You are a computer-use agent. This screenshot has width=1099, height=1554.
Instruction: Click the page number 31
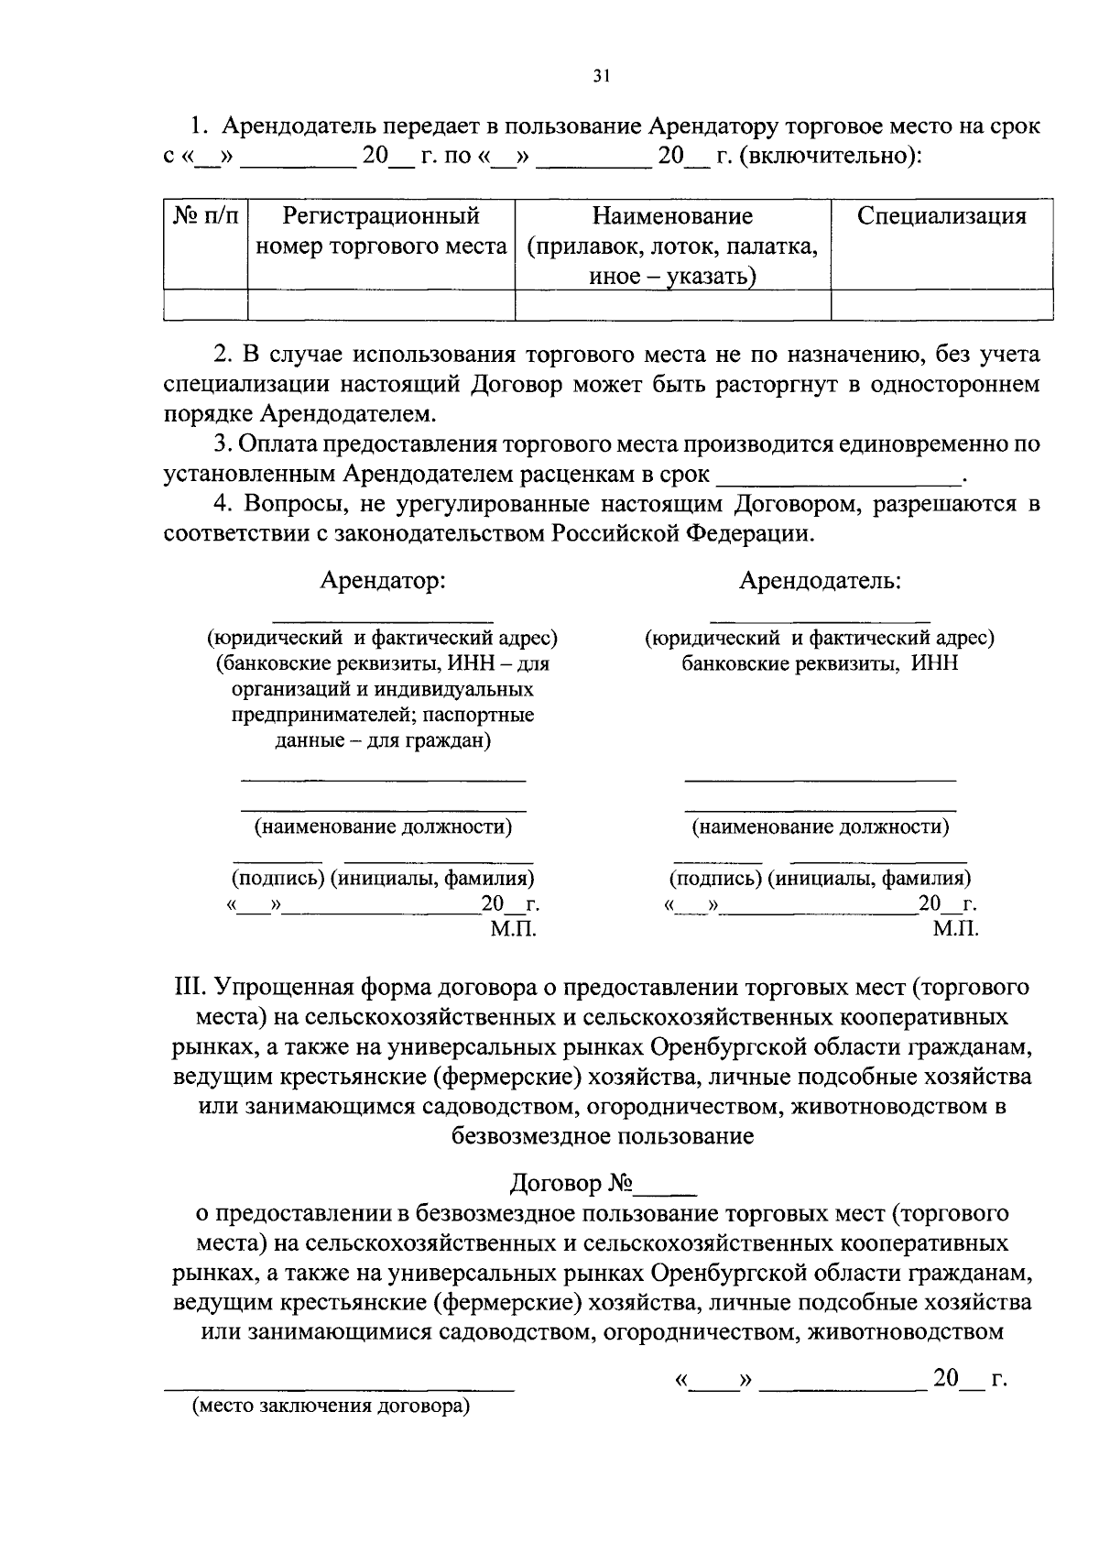pos(600,77)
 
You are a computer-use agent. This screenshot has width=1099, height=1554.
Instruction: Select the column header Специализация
pos(941,216)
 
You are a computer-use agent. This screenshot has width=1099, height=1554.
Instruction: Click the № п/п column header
pos(205,216)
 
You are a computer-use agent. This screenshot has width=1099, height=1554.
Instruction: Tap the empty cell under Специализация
pos(941,304)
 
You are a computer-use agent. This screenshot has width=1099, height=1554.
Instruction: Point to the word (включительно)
pos(829,156)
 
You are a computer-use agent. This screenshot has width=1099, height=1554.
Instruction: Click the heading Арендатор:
pos(382,580)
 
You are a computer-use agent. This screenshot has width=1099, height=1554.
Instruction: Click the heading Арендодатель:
pos(820,580)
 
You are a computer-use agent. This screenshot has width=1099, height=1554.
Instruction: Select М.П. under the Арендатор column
pos(513,929)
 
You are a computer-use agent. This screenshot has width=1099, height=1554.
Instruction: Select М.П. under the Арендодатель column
pos(955,929)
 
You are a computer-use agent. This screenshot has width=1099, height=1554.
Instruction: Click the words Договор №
pos(571,1184)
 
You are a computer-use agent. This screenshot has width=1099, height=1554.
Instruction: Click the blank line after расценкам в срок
pos(838,475)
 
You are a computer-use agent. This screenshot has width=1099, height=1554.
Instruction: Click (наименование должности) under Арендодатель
pos(820,827)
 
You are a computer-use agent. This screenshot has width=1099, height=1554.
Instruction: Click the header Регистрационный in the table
pos(381,216)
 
